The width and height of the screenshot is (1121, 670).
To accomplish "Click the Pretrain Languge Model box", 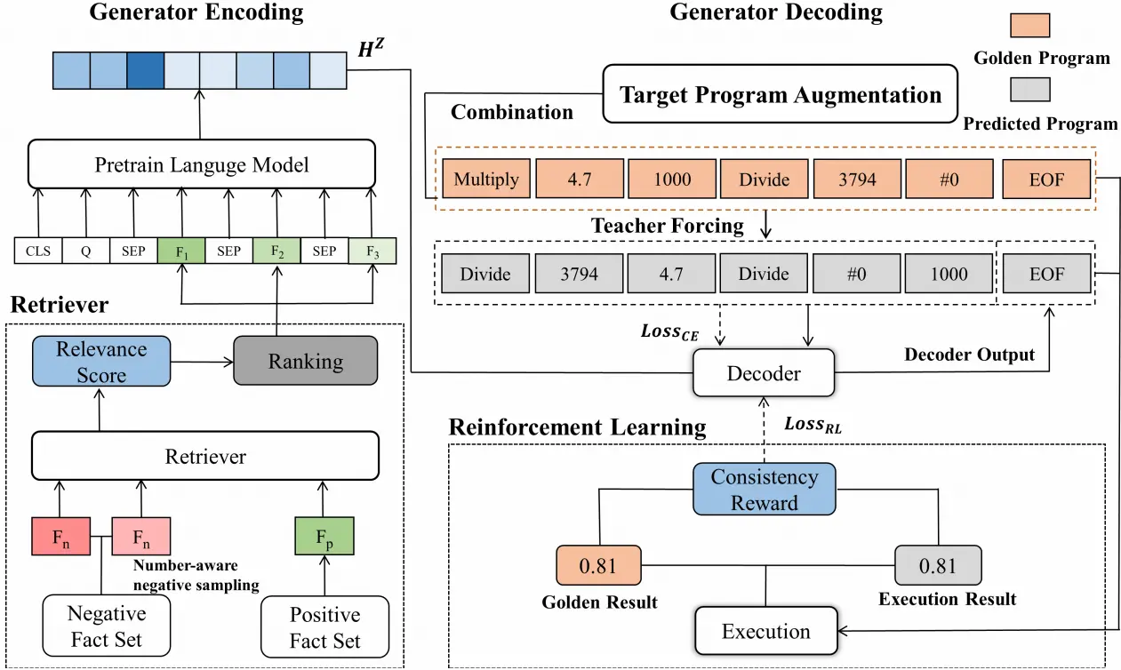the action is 202,164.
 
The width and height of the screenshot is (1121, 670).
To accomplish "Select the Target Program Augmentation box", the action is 781,93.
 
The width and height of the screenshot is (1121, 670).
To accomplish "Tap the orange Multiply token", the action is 486,179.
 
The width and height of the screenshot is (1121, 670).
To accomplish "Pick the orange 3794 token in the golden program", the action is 857,179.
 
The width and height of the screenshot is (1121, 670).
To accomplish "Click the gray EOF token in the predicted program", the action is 1046,273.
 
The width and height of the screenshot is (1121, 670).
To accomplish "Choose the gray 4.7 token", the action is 671,273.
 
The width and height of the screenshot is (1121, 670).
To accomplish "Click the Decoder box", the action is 764,373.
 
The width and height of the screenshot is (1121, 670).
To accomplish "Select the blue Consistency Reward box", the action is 765,490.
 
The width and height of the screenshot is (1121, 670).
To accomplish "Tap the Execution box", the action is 765,631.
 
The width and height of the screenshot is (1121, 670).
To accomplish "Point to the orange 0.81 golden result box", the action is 598,565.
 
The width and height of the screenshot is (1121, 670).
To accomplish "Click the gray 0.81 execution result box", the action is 938,565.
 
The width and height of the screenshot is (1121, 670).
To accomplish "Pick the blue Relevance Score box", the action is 101,362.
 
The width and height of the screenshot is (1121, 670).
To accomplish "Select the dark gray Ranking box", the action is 305,361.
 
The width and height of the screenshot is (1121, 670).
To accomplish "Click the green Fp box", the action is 324,537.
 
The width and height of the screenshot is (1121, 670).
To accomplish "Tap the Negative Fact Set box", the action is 106,626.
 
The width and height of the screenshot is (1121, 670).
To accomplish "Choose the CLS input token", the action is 38,251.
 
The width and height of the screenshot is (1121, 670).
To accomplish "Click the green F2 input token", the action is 276,251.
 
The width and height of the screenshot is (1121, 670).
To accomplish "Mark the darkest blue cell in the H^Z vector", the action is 145,70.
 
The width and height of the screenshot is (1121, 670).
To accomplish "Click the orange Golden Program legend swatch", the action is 1030,25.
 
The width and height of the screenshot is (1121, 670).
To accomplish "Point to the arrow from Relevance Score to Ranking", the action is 202,362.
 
